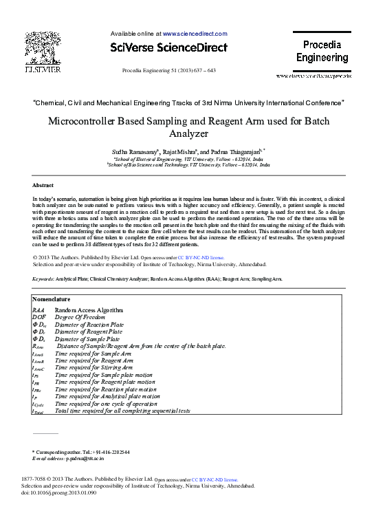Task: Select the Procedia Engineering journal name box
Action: pyautogui.click(x=322, y=52)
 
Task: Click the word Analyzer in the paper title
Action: pyautogui.click(x=188, y=135)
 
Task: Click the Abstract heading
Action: pyautogui.click(x=43, y=186)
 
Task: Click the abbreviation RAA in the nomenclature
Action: pyautogui.click(x=39, y=310)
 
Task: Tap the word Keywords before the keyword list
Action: pyautogui.click(x=45, y=279)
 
